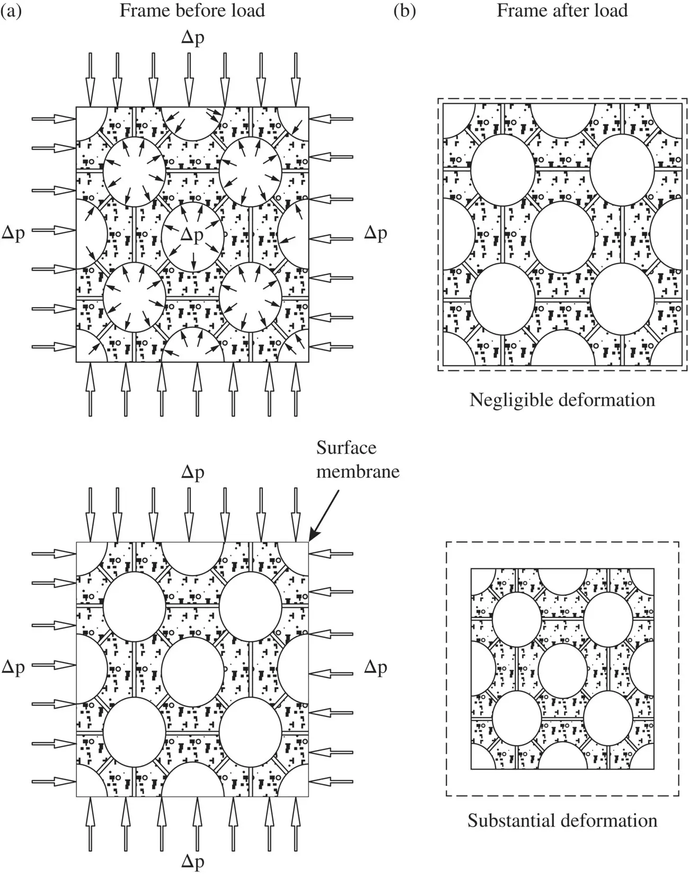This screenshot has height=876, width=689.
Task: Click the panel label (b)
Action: point(404,11)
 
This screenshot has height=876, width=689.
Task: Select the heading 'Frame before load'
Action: point(192,11)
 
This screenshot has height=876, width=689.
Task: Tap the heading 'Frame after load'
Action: point(562,11)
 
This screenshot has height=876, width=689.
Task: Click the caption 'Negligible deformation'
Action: point(562,399)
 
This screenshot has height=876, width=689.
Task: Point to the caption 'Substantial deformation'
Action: point(562,820)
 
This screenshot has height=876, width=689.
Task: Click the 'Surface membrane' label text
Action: point(358,459)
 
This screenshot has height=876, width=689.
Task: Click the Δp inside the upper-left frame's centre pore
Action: point(192,235)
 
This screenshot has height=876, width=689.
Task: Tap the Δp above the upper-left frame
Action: point(192,39)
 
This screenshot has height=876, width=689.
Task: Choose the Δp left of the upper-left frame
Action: point(13,233)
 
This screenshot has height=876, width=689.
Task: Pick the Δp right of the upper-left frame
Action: point(375,233)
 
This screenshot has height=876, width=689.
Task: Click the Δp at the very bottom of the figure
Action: point(192,862)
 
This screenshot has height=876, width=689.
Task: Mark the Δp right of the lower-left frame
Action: point(375,667)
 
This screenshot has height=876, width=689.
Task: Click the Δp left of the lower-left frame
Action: point(13,667)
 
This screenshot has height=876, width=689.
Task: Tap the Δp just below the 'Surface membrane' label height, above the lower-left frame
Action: point(192,472)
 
